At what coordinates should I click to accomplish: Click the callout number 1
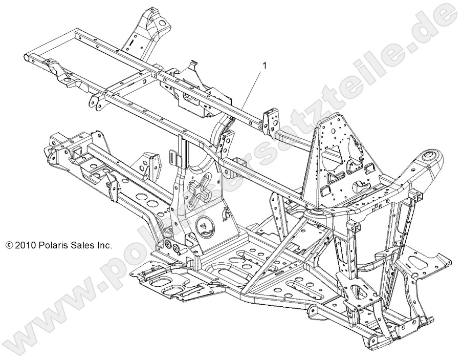pos(264,66)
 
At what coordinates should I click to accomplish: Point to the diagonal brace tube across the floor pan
pos(266,261)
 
